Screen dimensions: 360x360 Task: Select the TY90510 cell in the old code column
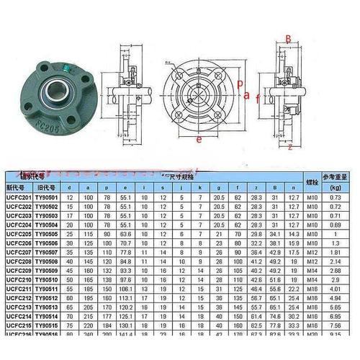[50, 279]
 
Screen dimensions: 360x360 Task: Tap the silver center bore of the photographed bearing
[53, 93]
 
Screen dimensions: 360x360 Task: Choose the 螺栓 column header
[312, 184]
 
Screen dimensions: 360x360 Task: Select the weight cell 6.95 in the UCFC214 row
[334, 315]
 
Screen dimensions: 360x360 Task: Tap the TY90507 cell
[50, 252]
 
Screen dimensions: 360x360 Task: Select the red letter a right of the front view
[247, 94]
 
